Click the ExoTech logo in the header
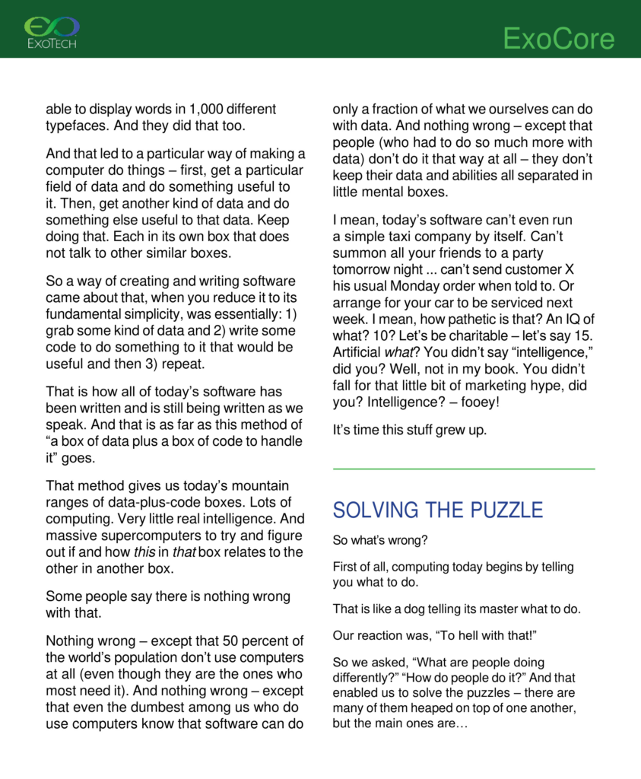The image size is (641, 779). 52,32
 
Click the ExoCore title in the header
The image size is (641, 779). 558,39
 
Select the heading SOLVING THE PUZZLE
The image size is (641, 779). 438,510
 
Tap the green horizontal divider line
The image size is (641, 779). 464,469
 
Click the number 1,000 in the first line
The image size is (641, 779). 205,109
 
